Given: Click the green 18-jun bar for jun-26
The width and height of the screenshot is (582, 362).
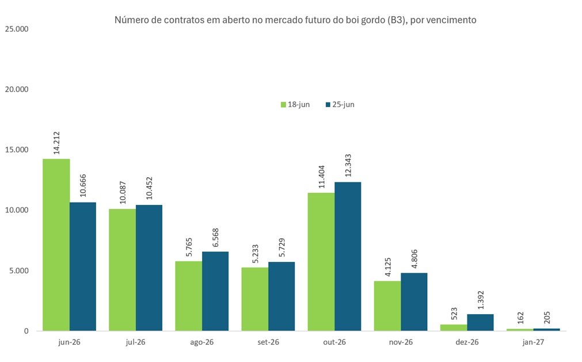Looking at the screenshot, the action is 56,245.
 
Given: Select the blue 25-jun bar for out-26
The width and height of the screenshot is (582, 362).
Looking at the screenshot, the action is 348,256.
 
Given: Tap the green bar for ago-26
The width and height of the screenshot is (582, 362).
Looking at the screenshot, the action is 189,296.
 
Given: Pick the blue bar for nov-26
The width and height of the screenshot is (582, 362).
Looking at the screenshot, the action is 414,302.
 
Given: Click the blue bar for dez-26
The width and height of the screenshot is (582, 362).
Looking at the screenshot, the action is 480,322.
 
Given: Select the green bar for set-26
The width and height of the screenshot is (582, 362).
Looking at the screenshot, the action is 255,299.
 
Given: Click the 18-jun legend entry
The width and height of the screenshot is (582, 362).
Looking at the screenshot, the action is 295,105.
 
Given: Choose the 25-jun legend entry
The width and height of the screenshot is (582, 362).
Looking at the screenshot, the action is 340,105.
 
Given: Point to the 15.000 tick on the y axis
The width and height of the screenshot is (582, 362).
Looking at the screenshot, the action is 17,150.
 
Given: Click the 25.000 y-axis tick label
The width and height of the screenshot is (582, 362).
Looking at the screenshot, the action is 17,29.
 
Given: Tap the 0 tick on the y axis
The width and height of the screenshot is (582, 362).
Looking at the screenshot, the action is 26,331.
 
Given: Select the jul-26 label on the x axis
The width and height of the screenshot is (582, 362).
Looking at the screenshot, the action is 135,342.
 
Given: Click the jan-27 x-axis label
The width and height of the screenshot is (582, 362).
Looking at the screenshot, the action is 533,342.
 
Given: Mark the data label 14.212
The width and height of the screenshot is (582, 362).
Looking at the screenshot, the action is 56,143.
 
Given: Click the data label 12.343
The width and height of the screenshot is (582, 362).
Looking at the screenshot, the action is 348,165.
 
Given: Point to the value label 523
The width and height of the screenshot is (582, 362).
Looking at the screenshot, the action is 454,314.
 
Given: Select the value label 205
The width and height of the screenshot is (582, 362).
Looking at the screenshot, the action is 547,318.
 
